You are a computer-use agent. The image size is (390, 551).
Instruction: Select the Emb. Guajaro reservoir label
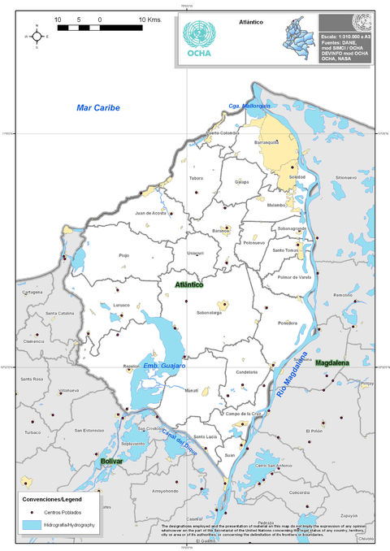(x=165, y=367)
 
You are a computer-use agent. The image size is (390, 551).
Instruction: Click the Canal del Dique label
(x=179, y=440)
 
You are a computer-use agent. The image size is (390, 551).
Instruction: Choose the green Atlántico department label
(x=189, y=284)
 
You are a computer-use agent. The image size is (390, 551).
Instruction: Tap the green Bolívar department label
(x=112, y=461)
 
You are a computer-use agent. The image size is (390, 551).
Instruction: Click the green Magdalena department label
(x=331, y=362)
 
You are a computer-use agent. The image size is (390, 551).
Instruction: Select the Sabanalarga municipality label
(x=209, y=311)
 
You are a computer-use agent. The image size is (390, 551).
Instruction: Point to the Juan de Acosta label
(x=150, y=212)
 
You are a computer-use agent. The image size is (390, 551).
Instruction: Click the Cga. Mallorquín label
(x=248, y=106)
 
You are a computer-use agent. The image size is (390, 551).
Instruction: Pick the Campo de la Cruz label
(x=242, y=414)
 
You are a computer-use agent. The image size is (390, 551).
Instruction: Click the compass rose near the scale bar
(x=37, y=37)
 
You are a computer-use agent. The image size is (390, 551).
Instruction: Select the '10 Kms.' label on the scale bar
(x=150, y=18)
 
